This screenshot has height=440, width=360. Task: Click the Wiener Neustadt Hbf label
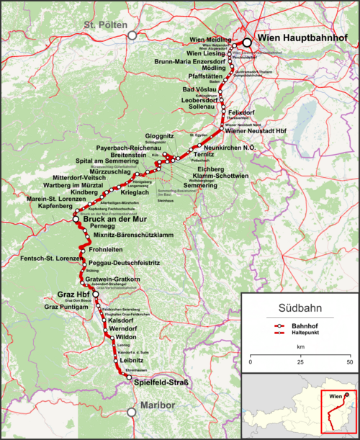point(256,132)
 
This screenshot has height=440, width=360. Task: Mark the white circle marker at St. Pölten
point(131,35)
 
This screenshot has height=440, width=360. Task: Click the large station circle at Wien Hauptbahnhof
point(247,42)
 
